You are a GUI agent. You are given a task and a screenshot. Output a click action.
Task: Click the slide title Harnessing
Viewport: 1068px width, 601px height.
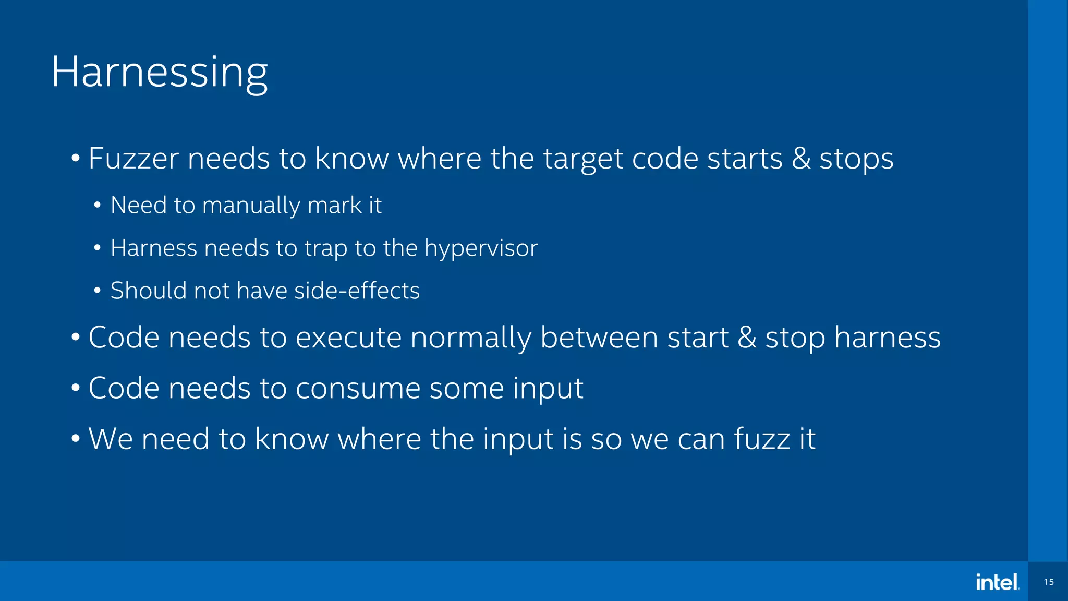point(160,73)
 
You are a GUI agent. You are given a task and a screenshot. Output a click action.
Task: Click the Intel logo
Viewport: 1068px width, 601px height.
point(997,582)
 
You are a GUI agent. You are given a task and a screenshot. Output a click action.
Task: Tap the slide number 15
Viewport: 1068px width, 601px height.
point(1049,582)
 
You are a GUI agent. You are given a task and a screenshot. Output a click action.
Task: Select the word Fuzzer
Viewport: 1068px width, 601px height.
point(133,159)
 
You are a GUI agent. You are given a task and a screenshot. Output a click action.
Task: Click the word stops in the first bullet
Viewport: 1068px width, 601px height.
point(856,159)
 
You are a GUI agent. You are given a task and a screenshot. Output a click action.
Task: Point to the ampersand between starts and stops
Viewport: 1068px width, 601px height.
point(801,159)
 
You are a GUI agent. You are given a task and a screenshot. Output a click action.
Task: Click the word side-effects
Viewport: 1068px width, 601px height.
point(357,291)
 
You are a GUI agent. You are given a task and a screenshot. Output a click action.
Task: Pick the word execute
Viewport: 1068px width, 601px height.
point(348,338)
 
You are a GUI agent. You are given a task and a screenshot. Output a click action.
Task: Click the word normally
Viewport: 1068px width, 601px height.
point(470,338)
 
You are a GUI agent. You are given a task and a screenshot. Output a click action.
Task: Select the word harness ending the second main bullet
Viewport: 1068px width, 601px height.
point(888,338)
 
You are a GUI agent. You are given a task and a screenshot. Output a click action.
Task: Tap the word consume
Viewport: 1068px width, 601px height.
point(358,388)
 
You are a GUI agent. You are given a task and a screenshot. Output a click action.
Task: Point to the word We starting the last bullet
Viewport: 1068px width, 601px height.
point(111,439)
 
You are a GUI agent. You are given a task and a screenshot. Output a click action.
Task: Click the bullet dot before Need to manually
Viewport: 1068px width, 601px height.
point(98,205)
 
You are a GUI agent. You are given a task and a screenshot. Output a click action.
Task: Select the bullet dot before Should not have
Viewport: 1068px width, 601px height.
point(98,291)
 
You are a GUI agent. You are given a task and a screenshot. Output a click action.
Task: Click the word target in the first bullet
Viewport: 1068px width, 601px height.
point(583,159)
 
